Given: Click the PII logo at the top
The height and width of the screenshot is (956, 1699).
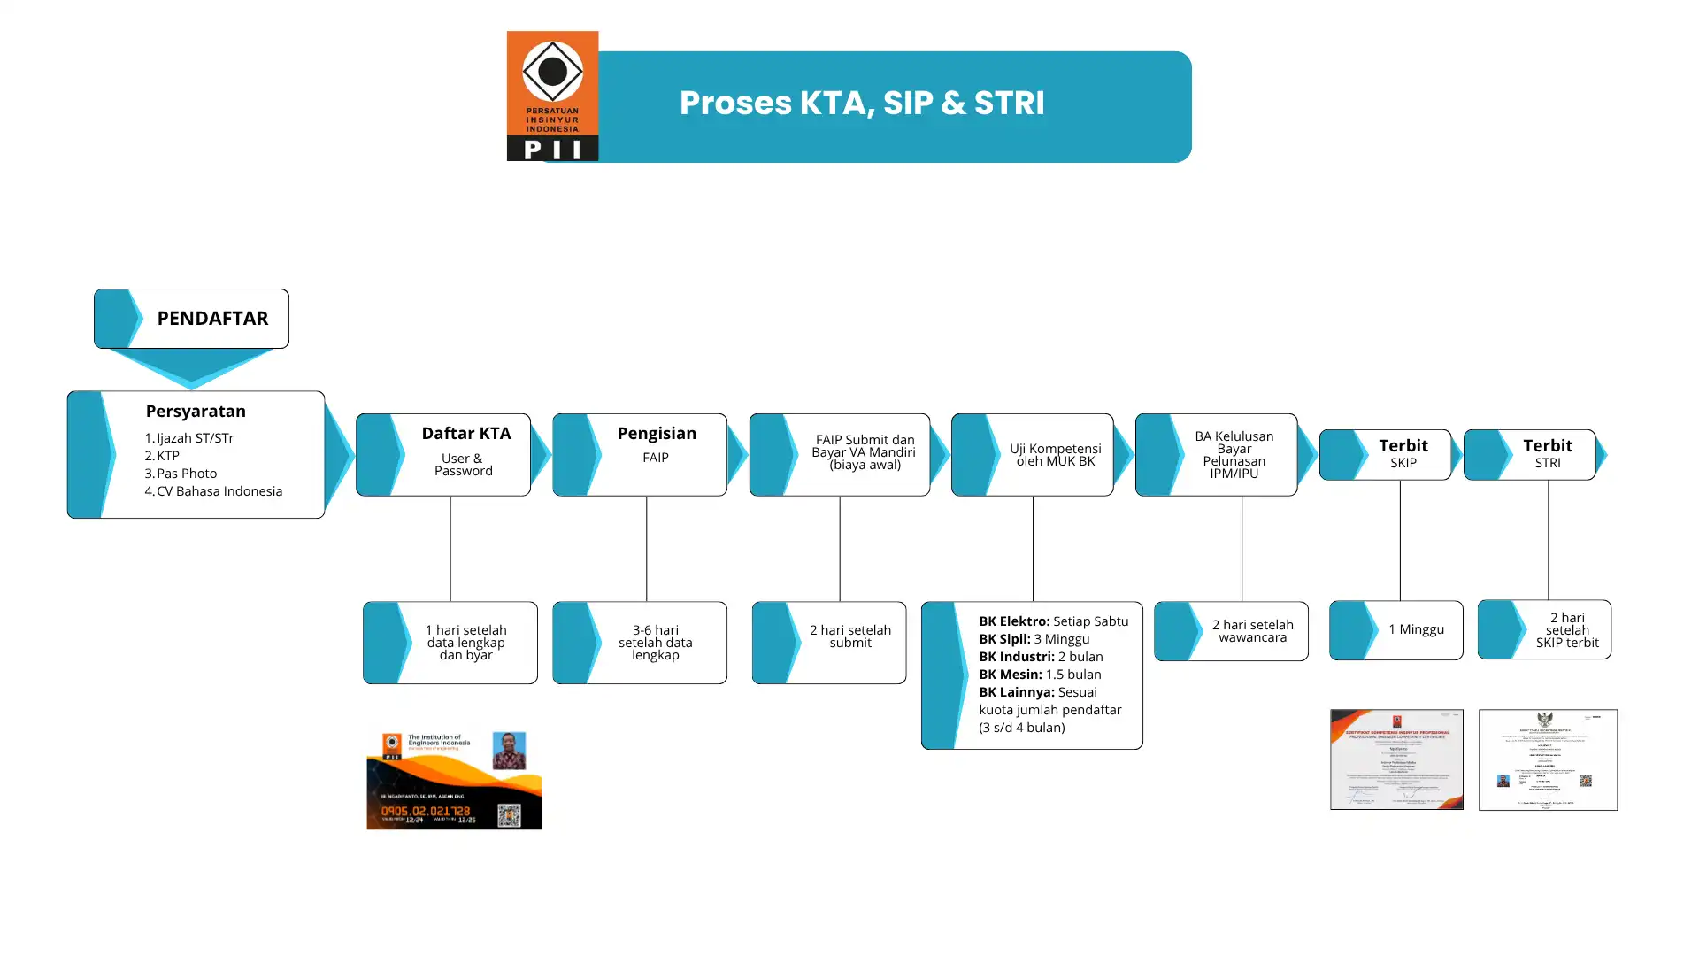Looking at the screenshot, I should coord(552,96).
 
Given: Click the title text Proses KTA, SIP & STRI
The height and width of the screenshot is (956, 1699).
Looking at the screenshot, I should coord(862,104).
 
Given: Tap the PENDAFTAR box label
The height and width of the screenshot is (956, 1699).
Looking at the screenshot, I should coord(212,319).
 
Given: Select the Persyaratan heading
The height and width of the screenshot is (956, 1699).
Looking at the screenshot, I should coord(196,412).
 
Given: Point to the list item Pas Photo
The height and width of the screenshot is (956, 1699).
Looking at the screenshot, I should coord(186,474).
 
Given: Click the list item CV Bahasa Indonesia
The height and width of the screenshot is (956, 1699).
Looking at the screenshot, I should coord(219,491).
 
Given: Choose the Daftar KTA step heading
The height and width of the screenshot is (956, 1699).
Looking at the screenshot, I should coord(465,434).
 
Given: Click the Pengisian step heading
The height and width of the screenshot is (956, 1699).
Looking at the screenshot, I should coord(657,434).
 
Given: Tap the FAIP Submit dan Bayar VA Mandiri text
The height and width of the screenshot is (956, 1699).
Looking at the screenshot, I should coord(865,452).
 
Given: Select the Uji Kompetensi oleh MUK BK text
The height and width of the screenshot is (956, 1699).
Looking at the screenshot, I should coord(1055,455).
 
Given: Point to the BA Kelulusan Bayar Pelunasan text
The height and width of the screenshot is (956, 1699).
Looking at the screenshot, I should coord(1234,455).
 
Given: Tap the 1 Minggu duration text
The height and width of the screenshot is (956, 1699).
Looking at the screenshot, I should coord(1416,629).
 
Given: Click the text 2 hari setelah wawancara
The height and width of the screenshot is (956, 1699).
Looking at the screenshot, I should coord(1252,631).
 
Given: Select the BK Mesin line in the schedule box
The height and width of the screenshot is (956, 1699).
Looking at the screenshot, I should coord(1040,675).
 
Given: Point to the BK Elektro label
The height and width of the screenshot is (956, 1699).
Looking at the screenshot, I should coord(1014,621).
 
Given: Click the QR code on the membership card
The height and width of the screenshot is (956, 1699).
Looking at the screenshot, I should coord(509,814).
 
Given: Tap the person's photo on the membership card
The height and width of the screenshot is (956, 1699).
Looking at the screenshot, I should coord(509,751).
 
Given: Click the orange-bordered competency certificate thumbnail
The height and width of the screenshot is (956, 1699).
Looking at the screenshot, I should coord(1396,759).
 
